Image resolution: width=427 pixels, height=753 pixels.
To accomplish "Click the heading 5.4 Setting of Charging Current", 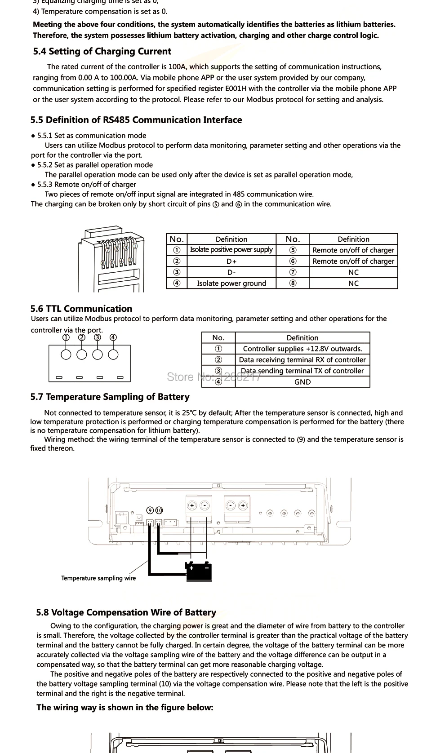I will (x=102, y=52).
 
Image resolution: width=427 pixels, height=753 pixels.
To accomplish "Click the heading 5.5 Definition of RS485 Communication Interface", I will (x=136, y=120).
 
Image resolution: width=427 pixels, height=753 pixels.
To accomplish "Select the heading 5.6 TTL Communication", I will (x=81, y=309).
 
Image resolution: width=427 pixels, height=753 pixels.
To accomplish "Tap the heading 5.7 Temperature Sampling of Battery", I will (x=110, y=397).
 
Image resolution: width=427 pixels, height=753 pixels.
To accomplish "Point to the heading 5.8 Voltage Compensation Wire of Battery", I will (x=126, y=612).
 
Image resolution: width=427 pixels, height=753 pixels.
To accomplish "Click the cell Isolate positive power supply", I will (x=231, y=250).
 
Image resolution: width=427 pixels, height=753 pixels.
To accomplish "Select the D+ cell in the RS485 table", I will (x=231, y=261).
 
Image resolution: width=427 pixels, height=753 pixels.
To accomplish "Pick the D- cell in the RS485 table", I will (x=231, y=272).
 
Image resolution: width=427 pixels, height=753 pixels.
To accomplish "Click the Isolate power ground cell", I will (x=231, y=283).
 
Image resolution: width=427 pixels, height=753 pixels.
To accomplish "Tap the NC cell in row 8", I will (x=353, y=283).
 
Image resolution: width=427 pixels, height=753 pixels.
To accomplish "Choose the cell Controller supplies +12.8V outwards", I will (x=302, y=349).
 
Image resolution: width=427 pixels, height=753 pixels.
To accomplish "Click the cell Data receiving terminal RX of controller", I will (x=302, y=359).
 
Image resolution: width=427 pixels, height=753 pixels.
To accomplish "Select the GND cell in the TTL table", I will (x=302, y=382).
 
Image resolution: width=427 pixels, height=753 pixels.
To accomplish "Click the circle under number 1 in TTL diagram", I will (x=66, y=354).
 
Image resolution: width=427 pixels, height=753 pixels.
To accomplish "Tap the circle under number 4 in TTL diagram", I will (x=113, y=354).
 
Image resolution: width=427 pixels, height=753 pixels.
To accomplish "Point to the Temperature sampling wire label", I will (x=98, y=578).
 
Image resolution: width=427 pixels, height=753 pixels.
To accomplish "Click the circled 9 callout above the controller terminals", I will (x=151, y=510).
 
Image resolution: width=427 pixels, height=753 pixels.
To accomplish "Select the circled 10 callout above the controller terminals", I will (x=159, y=510).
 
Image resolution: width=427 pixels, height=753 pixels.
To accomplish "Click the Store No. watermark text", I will (x=214, y=377).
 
